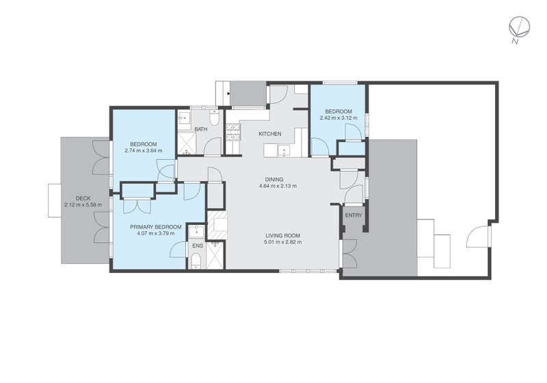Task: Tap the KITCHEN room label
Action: point(269,133)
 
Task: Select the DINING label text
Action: point(276,179)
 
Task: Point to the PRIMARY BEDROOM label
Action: point(157,227)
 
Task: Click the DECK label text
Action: point(83,198)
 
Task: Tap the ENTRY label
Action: point(353,215)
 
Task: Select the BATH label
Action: point(200,129)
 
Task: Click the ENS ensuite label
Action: point(198,245)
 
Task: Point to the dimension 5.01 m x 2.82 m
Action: point(283,241)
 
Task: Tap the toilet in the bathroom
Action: point(213,120)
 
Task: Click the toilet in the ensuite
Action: point(196,259)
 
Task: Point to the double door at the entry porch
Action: point(350,254)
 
